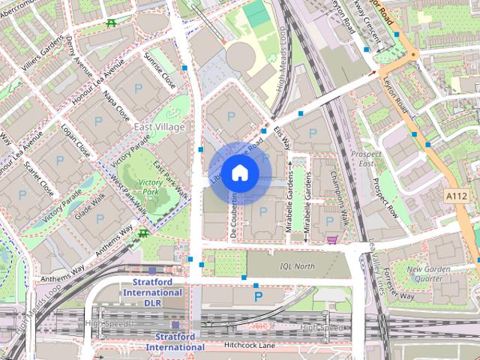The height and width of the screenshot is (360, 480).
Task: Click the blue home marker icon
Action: point(239,172)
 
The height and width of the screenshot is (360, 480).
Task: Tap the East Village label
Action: point(159,128)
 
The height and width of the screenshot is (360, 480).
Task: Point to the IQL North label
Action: point(295,265)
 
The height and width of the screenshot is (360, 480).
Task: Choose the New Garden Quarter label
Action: point(429,274)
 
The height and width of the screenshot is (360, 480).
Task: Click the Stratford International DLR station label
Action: point(152,292)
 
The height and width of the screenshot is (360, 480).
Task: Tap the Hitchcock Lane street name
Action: point(250,346)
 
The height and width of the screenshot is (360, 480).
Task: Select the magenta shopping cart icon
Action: point(331,239)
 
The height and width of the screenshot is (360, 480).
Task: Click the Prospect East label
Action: point(366,159)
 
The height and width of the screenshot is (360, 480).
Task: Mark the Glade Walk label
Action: point(90,202)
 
